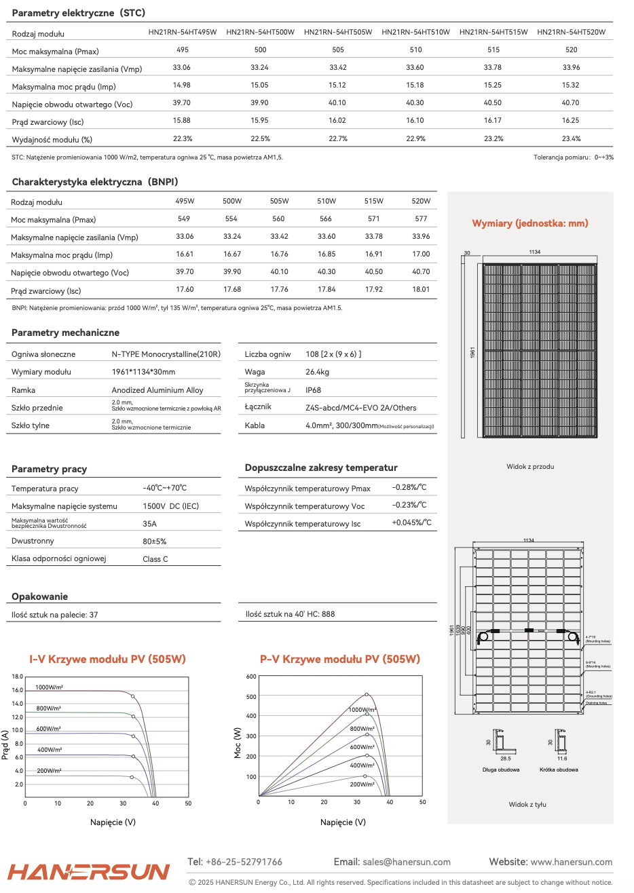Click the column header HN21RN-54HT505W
(338, 32)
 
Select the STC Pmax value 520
(571, 50)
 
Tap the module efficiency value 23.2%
(493, 138)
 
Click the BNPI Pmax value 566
(326, 219)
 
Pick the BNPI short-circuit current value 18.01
(421, 290)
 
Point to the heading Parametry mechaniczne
(65, 332)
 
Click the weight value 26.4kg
(317, 372)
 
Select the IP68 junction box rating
(313, 390)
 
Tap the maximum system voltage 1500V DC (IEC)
(170, 506)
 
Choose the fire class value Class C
(155, 559)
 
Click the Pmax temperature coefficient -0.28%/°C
(409, 487)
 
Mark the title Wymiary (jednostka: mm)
(530, 223)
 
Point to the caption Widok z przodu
(530, 467)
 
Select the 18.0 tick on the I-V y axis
(18, 677)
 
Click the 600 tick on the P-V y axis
(251, 677)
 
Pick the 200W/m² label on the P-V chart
(362, 784)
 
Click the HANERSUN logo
(89, 871)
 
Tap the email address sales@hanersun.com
(407, 862)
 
